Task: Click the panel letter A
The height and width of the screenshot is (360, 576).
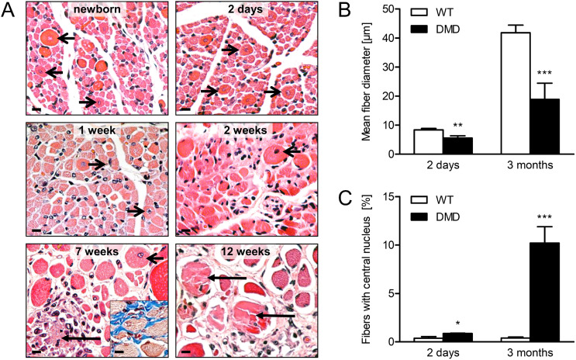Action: coord(10,10)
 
